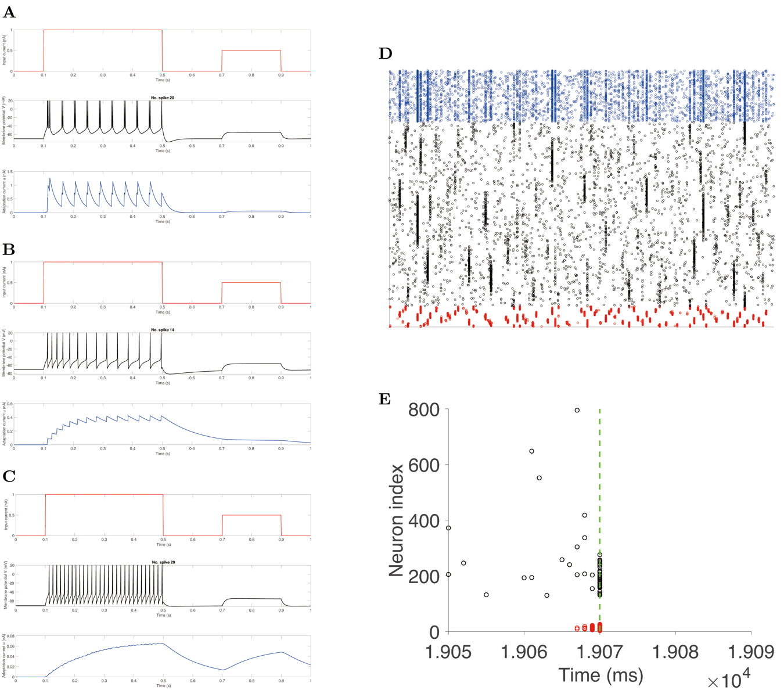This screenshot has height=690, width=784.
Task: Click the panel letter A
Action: pyautogui.click(x=9, y=12)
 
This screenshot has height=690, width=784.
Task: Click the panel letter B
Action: pyautogui.click(x=9, y=249)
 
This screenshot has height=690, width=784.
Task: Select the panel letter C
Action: pyautogui.click(x=9, y=477)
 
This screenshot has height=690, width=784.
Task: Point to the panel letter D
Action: pyautogui.click(x=385, y=54)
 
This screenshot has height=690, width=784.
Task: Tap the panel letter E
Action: pyautogui.click(x=384, y=399)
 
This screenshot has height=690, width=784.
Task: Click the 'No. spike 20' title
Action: pyautogui.click(x=163, y=98)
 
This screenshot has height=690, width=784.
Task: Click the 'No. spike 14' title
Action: pyautogui.click(x=163, y=330)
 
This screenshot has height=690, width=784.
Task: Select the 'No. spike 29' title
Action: pyautogui.click(x=164, y=562)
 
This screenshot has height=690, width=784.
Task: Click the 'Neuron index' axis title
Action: pyautogui.click(x=397, y=520)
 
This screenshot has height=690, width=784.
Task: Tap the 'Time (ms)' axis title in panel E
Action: pyautogui.click(x=600, y=675)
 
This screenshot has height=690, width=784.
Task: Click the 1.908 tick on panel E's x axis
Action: pyautogui.click(x=675, y=652)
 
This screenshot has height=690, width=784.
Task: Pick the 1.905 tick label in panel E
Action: pyautogui.click(x=448, y=652)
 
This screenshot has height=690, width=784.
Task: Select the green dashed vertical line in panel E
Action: pyautogui.click(x=600, y=494)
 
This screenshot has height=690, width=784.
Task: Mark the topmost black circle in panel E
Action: pyautogui.click(x=577, y=411)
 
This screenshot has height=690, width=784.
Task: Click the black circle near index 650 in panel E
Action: pyautogui.click(x=532, y=451)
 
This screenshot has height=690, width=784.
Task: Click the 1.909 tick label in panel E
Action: pyautogui.click(x=751, y=652)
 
